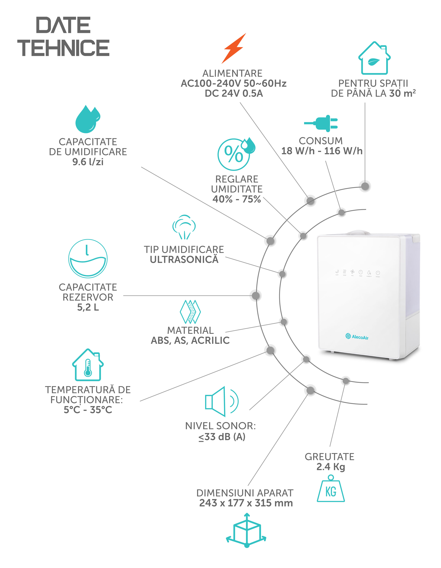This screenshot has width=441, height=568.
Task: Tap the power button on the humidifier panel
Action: (x=378, y=273)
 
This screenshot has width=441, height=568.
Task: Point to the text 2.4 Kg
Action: (x=331, y=467)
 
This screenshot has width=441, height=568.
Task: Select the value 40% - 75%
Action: (x=237, y=199)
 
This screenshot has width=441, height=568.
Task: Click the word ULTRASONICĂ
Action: (x=184, y=260)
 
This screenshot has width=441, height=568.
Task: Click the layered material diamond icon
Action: (x=190, y=312)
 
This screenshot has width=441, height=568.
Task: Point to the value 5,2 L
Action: (x=88, y=307)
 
